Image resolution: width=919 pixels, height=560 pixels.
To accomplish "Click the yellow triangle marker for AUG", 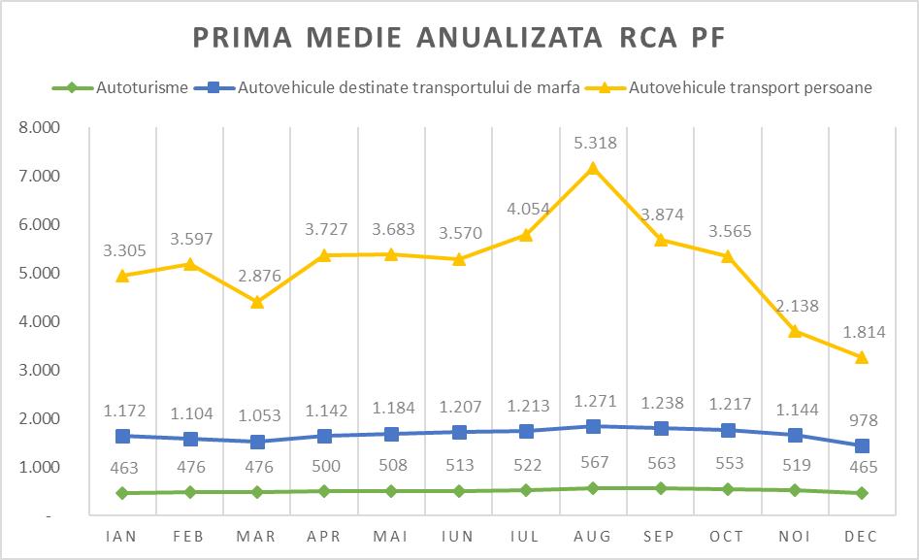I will click(592, 168).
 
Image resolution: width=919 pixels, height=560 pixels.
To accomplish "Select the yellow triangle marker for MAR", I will click(256, 302).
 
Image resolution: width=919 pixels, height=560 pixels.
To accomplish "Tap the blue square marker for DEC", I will click(861, 445).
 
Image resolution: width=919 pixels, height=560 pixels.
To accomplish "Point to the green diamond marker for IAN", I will click(122, 493).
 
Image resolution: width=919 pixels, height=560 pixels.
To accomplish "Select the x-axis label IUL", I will click(525, 536).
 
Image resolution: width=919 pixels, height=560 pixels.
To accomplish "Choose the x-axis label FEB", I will click(189, 536).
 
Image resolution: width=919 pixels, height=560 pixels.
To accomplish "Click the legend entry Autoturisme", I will click(142, 87).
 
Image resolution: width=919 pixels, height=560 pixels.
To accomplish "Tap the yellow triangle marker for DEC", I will click(861, 357).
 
